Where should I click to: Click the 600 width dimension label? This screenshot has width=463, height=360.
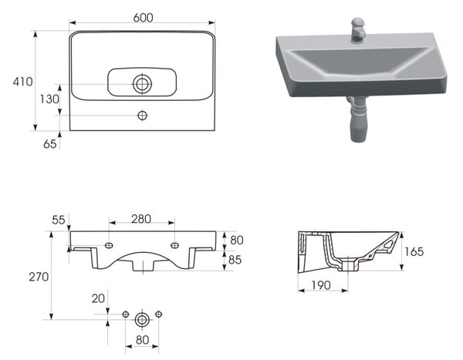pyautogui.click(x=143, y=18)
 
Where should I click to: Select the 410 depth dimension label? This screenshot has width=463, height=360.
pyautogui.click(x=22, y=82)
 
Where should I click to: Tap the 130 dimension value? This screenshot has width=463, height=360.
pyautogui.click(x=49, y=99)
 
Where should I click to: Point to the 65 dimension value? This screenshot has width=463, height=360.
pyautogui.click(x=50, y=144)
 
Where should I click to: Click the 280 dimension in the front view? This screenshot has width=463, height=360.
pyautogui.click(x=141, y=219)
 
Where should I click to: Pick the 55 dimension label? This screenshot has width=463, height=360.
pyautogui.click(x=59, y=220)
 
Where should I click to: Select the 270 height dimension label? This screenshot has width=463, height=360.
pyautogui.click(x=39, y=277)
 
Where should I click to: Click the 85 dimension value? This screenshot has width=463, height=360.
pyautogui.click(x=235, y=260)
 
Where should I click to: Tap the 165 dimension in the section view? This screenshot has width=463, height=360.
pyautogui.click(x=414, y=252)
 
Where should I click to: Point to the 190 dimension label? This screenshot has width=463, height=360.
pyautogui.click(x=321, y=285)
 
